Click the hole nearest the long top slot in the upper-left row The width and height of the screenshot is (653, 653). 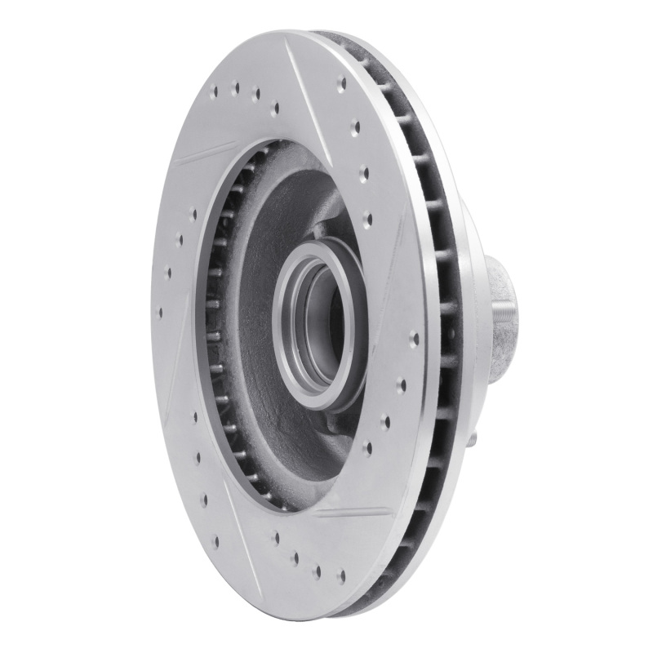(x=274, y=106)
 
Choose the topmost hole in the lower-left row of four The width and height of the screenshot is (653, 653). (x=194, y=416)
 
